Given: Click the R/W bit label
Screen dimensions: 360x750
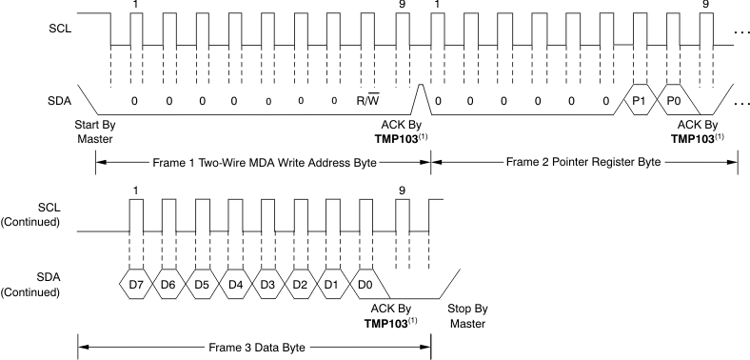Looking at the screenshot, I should [367, 100].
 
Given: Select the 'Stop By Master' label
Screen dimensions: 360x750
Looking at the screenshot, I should [466, 315].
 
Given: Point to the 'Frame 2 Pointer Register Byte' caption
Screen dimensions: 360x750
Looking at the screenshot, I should [584, 163].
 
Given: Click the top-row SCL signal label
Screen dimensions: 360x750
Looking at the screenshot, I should [59, 32].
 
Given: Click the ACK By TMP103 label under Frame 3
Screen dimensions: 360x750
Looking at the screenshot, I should [391, 315].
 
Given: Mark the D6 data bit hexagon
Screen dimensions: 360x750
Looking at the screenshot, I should [168, 285].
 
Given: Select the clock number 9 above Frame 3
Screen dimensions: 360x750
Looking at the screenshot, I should [401, 190].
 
